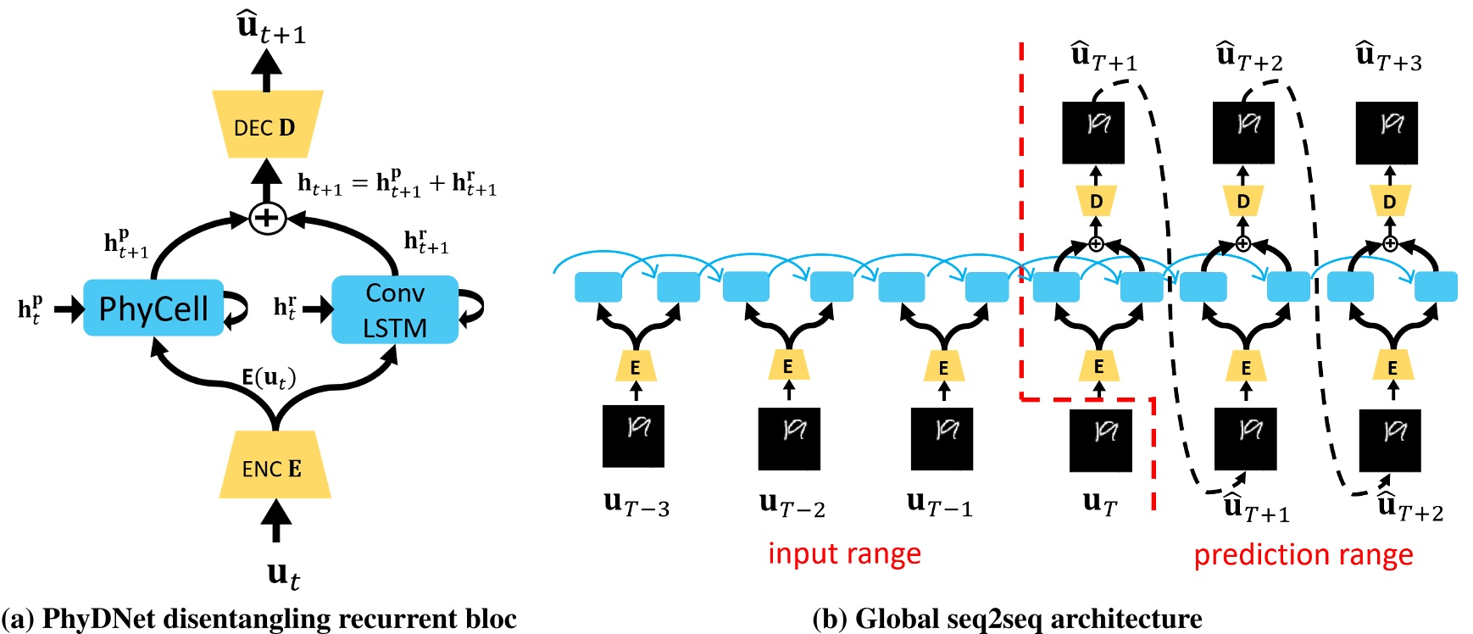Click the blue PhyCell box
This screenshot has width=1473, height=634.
(x=153, y=308)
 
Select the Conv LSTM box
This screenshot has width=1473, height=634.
(x=395, y=309)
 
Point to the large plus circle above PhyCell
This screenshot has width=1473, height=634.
(x=267, y=218)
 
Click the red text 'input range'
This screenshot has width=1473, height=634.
(x=844, y=553)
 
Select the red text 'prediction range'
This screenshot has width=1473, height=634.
(x=1303, y=555)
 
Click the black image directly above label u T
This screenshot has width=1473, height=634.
(x=1100, y=441)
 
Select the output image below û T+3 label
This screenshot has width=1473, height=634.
(x=1387, y=133)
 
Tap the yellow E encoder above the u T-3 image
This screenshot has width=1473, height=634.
(x=635, y=367)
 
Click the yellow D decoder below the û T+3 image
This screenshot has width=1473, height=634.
(x=1389, y=202)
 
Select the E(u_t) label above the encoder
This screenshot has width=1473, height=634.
(x=269, y=378)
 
